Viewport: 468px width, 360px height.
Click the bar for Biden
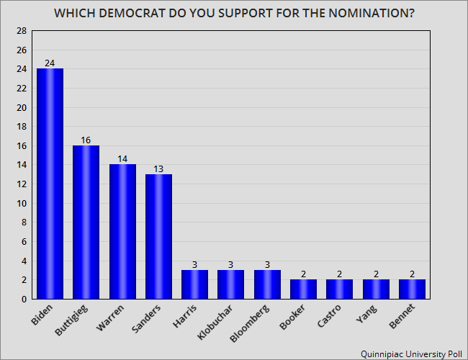tap(50, 184)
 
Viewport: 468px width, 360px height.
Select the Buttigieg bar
tap(86, 222)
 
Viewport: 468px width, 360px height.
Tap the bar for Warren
tap(122, 231)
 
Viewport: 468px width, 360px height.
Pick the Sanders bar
tap(158, 236)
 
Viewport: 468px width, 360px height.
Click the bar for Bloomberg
tap(267, 284)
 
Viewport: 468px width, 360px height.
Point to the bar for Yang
tap(376, 289)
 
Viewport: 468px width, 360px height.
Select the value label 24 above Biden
tap(50, 63)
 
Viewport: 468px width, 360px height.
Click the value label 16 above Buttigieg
tap(86, 140)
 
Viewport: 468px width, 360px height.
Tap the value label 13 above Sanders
tap(158, 168)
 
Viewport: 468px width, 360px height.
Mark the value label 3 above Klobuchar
tap(231, 264)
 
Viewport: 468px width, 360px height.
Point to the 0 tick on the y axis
tap(24, 299)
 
